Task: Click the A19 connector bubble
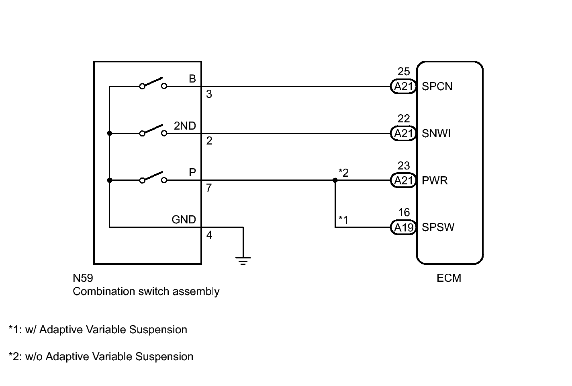403,227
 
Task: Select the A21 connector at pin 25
403,87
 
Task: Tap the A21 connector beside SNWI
403,133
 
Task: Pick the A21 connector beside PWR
403,180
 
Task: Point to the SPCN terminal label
437,87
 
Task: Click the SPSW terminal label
438,227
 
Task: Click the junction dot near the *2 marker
335,180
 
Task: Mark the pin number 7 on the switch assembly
209,188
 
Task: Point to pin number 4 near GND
209,235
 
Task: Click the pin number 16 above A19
404,212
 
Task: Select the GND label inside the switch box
184,219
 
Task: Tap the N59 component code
83,278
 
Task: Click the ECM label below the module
449,278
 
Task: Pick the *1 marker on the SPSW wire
343,220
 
